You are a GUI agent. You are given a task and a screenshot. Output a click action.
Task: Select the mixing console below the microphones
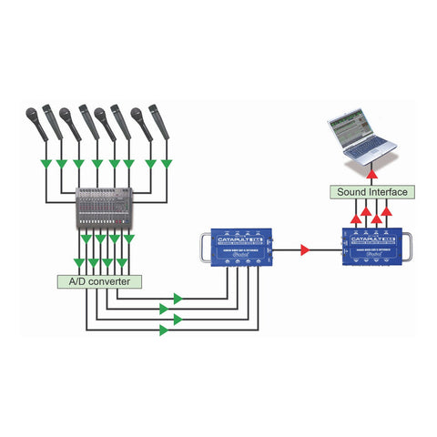click(x=105, y=210)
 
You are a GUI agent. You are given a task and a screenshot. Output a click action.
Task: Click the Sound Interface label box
click(x=371, y=192)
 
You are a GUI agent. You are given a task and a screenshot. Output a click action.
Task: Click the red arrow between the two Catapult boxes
click(x=306, y=248)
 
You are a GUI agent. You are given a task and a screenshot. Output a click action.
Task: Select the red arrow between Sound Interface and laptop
click(x=373, y=172)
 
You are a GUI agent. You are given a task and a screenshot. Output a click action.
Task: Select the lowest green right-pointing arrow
click(x=163, y=330)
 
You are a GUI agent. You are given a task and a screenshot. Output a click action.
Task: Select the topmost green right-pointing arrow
click(x=178, y=298)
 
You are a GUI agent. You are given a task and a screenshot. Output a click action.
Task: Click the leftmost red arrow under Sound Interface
click(x=353, y=215)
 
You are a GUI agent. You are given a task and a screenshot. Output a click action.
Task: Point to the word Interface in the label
click(x=388, y=192)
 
